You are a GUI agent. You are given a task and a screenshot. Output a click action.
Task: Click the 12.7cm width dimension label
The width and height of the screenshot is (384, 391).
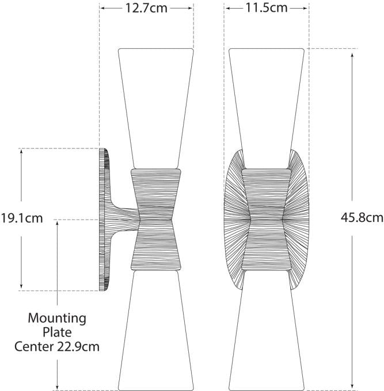[146, 8]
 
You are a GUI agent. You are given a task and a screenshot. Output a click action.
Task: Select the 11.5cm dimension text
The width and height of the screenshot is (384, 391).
[267, 7]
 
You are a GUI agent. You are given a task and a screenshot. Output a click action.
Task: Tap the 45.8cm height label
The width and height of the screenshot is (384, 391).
[362, 217]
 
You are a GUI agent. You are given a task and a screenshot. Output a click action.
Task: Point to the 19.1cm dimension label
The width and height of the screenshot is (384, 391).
[22, 218]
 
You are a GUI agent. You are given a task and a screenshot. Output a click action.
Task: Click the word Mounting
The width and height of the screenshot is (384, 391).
[57, 319]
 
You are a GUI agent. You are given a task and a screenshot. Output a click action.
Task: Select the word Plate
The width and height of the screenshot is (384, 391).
[57, 332]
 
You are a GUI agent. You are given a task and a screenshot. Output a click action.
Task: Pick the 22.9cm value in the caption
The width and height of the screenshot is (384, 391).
[78, 346]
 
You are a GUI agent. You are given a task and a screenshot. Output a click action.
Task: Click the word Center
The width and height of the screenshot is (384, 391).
[34, 346]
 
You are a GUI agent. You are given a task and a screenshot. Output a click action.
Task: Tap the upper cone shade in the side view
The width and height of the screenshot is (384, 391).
[156, 109]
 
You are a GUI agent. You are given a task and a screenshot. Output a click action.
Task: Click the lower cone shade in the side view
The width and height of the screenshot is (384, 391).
[156, 331]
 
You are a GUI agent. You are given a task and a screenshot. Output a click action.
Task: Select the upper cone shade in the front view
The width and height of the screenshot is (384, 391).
[267, 109]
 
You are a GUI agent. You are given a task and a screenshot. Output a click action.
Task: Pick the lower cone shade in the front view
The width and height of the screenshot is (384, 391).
[267, 331]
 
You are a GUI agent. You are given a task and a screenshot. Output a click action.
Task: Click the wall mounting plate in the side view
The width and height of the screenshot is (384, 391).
[104, 220]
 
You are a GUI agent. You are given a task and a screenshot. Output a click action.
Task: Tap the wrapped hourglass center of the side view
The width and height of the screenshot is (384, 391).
[156, 220]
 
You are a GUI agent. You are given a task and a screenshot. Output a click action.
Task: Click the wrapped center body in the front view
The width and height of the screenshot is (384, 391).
[267, 220]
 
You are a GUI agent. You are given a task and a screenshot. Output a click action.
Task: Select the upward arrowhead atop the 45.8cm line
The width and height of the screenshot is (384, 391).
[352, 55]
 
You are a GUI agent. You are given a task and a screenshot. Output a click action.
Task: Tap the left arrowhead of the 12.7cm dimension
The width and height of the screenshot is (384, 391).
[103, 8]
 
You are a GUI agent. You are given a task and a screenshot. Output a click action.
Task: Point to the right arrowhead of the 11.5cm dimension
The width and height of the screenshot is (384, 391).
[305, 8]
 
